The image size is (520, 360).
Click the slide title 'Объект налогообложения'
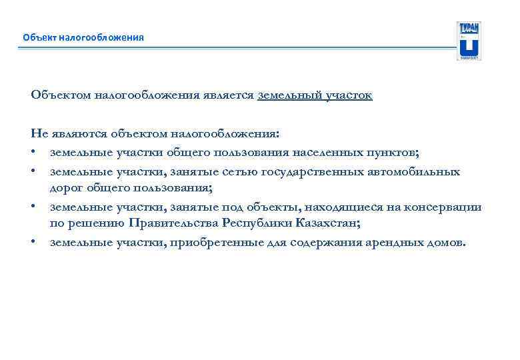coord(83,37)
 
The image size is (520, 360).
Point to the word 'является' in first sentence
coord(230,95)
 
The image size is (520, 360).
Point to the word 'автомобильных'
coord(413,171)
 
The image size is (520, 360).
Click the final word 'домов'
coord(444,242)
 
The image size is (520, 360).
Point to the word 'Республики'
coord(257,223)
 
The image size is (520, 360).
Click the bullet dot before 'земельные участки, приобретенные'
coord(33,242)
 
